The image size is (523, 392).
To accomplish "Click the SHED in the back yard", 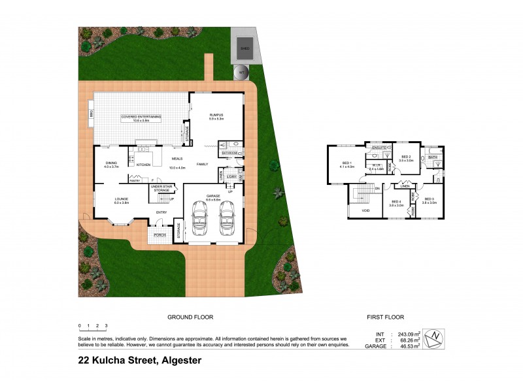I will pyautogui.click(x=245, y=48).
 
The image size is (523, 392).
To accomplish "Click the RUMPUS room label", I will pyautogui.click(x=216, y=115).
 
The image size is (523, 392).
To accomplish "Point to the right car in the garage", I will pyautogui.click(x=227, y=218).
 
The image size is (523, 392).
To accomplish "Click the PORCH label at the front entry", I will pyautogui.click(x=160, y=235).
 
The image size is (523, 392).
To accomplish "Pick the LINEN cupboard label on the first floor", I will pyautogui.click(x=405, y=186).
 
